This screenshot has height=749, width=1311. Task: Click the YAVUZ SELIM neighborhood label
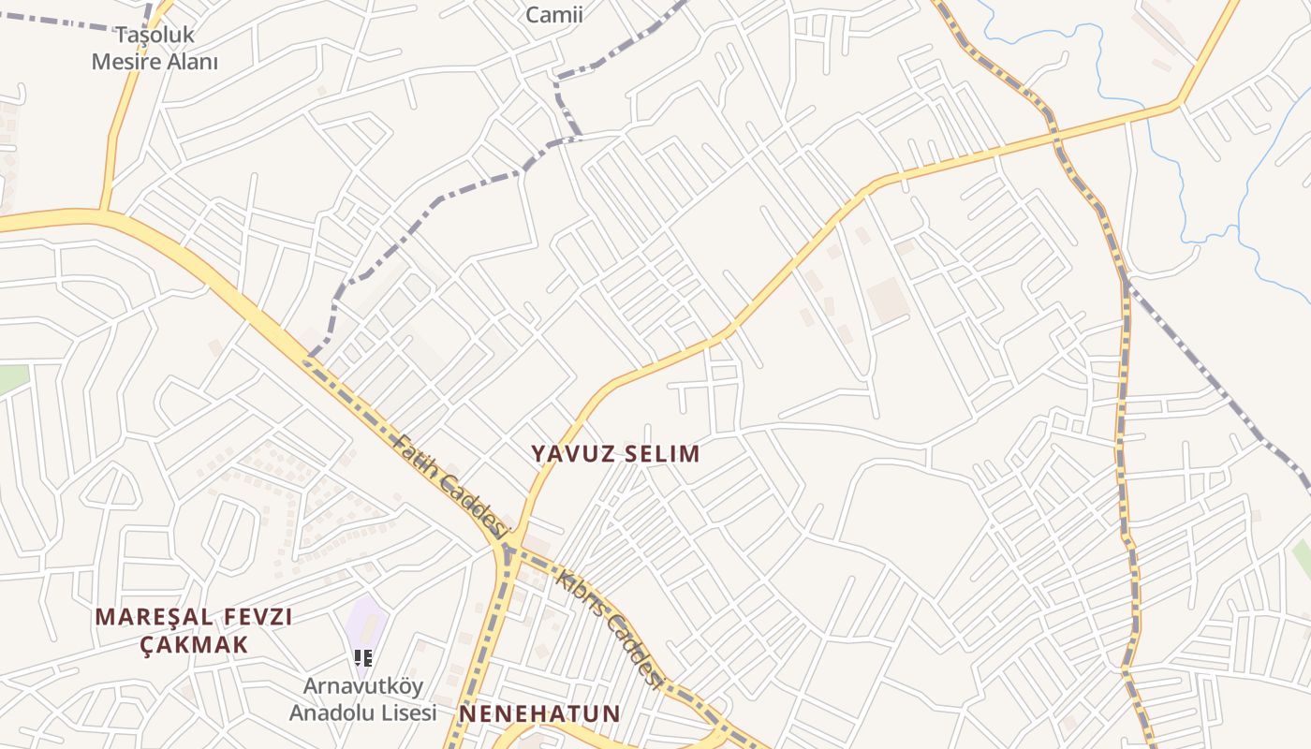click(615, 454)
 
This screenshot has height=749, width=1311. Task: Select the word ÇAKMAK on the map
click(195, 645)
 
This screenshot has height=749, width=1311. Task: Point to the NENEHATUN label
click(539, 714)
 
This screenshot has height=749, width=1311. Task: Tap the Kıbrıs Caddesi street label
click(609, 625)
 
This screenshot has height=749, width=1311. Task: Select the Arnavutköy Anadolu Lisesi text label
click(362, 699)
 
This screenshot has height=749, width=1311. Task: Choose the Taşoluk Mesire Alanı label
click(155, 49)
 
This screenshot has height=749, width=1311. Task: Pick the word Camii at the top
click(554, 15)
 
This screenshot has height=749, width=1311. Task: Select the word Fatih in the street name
click(414, 456)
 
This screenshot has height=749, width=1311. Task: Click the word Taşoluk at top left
click(155, 36)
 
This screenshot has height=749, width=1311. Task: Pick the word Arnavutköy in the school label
click(362, 686)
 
